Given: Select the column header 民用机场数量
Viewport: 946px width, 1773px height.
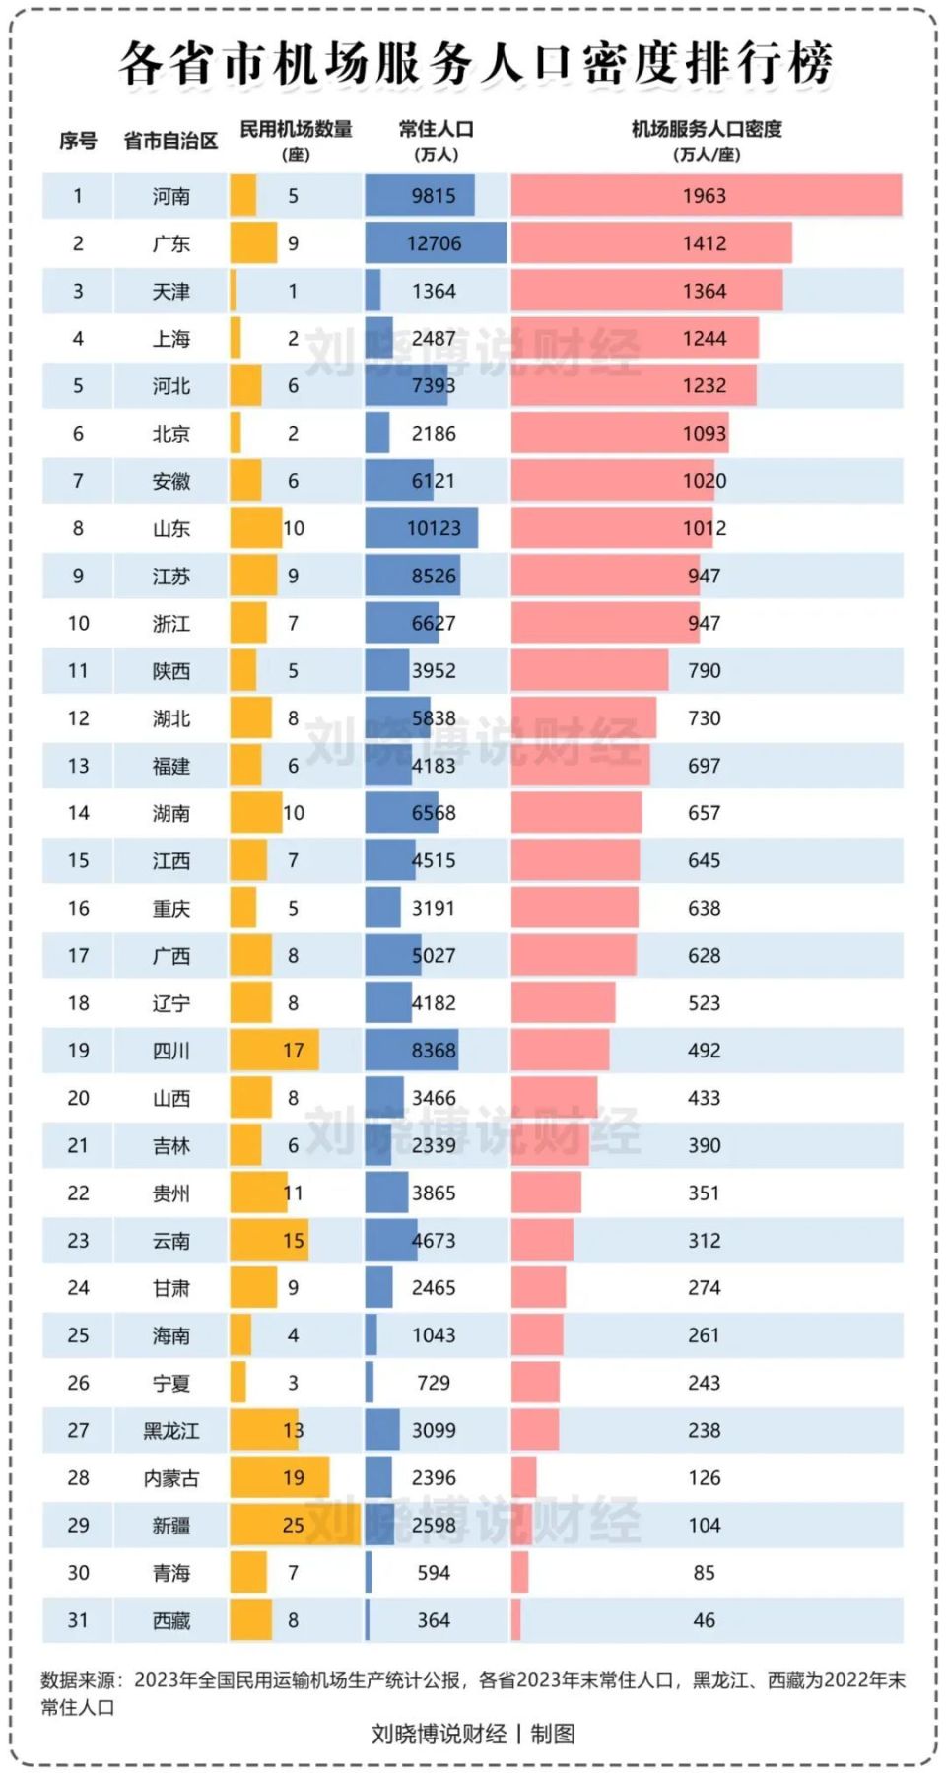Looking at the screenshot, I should pyautogui.click(x=296, y=129).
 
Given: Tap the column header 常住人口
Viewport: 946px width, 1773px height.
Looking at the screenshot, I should pyautogui.click(x=436, y=129).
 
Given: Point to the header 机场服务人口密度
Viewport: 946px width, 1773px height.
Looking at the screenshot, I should pyautogui.click(x=706, y=129).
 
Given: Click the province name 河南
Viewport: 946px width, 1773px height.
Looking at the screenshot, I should pyautogui.click(x=170, y=196).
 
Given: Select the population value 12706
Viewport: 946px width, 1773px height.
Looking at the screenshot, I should pyautogui.click(x=434, y=243).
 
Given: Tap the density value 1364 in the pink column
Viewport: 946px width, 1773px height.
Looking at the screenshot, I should pyautogui.click(x=704, y=291).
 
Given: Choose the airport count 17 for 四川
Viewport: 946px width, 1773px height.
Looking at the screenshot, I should pyautogui.click(x=293, y=1051).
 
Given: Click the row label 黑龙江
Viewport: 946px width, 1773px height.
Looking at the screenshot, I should pyautogui.click(x=170, y=1430).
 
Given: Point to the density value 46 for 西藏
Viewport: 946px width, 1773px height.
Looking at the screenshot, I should pyautogui.click(x=704, y=1620).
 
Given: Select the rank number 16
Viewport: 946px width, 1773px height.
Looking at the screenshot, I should pyautogui.click(x=78, y=908).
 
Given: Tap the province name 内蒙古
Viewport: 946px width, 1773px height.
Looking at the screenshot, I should pyautogui.click(x=170, y=1477).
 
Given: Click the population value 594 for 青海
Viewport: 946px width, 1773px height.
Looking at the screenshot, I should pyautogui.click(x=434, y=1573).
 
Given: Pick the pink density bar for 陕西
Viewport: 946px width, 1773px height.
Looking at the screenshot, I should pyautogui.click(x=589, y=670).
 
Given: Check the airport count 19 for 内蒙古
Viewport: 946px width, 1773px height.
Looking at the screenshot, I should pyautogui.click(x=293, y=1477).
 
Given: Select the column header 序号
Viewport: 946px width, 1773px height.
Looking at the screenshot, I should pyautogui.click(x=78, y=141).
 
